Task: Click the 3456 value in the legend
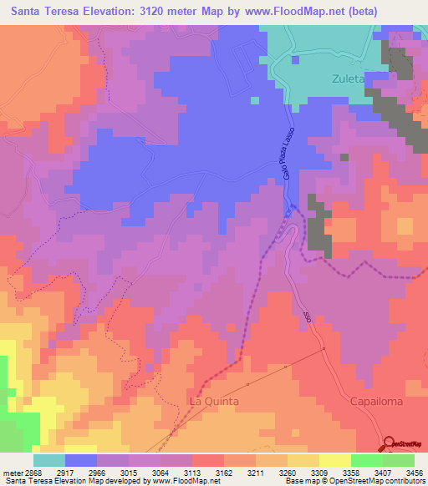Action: tap(413, 473)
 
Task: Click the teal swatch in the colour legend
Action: tap(49, 460)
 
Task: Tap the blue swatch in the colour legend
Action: tap(81, 460)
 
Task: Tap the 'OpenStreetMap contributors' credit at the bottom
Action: tap(380, 482)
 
